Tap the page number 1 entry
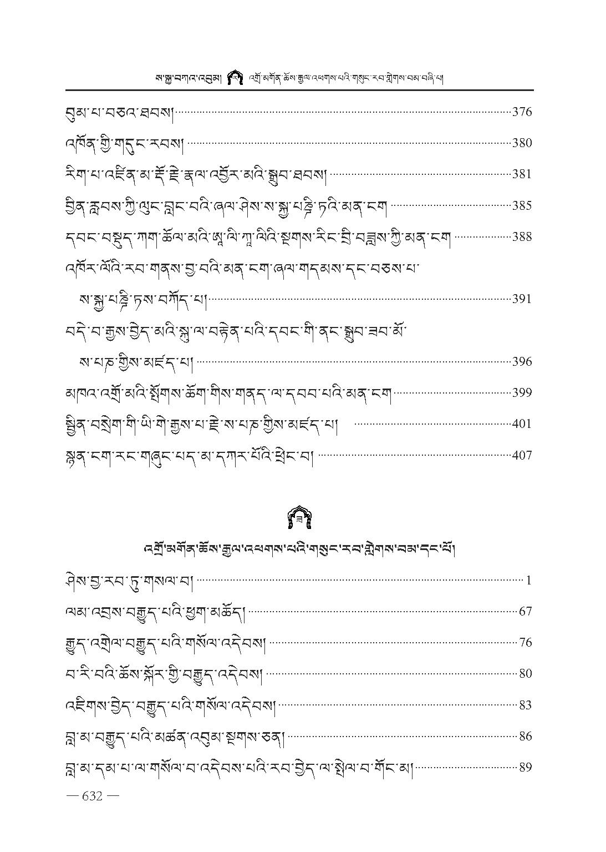[529, 581]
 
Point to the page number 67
[525, 612]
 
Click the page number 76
[525, 643]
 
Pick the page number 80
[525, 674]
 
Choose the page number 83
[525, 705]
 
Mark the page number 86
[525, 737]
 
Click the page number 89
[525, 768]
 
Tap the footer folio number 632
[92, 796]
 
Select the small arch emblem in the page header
[236, 78]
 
